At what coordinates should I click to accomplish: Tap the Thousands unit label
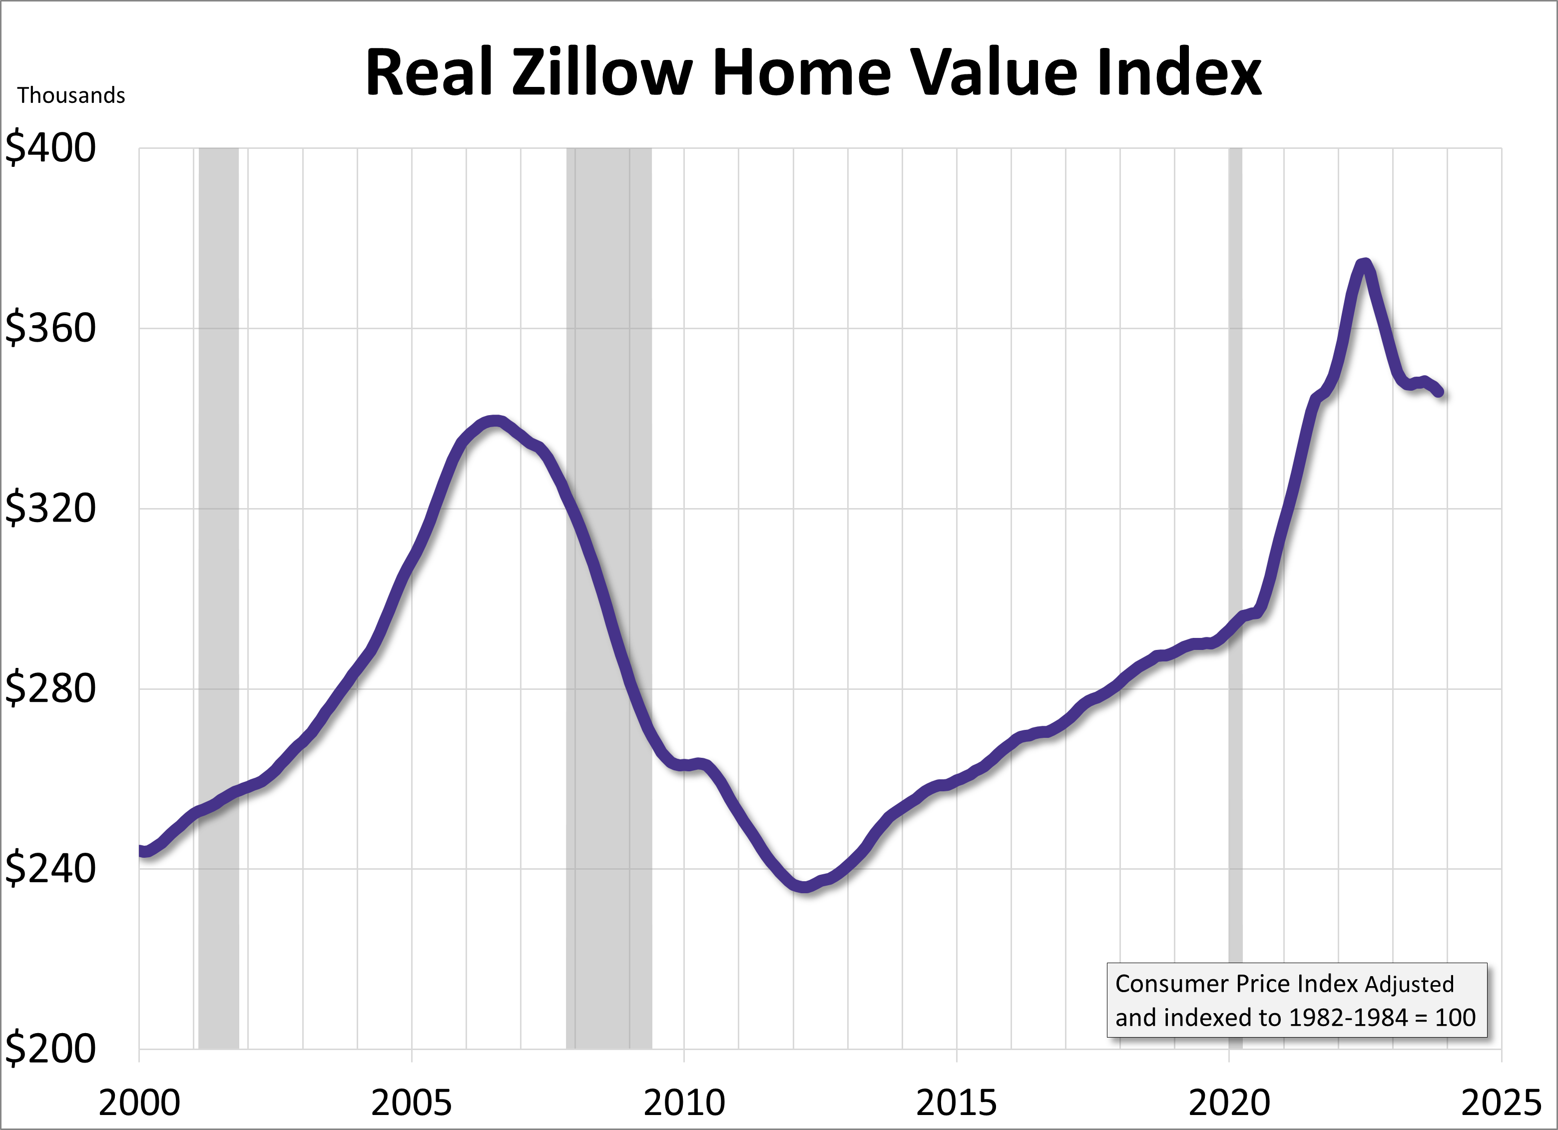point(71,95)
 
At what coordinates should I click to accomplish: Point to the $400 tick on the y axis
point(50,148)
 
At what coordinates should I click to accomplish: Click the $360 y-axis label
point(50,328)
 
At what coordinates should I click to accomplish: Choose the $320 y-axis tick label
point(50,509)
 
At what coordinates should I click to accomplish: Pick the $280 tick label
point(50,688)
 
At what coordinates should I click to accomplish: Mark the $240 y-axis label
point(50,869)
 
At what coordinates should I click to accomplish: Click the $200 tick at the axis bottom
point(50,1049)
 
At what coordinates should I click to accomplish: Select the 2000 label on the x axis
point(139,1103)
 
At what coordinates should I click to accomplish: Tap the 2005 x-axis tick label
point(412,1103)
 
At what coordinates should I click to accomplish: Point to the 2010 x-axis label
point(684,1103)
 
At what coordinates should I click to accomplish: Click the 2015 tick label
point(956,1103)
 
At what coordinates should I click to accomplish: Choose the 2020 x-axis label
point(1229,1103)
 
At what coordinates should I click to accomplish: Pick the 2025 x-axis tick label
point(1502,1103)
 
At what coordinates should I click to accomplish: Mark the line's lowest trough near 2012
point(805,888)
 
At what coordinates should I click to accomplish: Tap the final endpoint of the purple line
point(1440,393)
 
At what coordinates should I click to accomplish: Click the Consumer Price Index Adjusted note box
point(1296,1001)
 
